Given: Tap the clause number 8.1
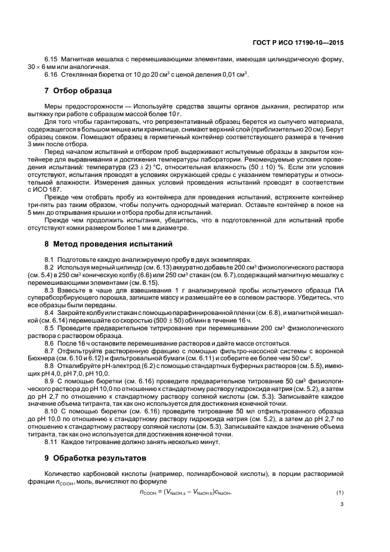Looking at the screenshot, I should (x=50, y=259).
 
